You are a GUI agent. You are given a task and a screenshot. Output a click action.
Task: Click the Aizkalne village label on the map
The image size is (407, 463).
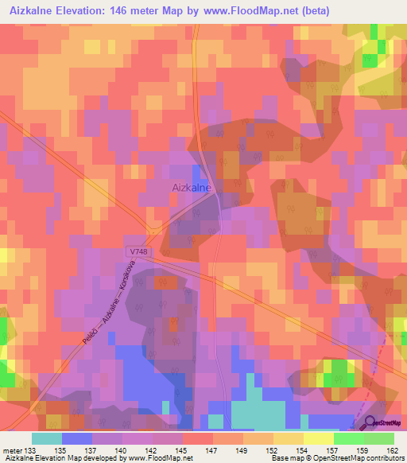(x=191, y=188)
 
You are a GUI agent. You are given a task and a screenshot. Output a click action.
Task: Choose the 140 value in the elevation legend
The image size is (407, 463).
(x=123, y=451)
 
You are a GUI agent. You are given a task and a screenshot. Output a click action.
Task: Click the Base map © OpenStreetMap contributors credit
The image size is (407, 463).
(x=335, y=459)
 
